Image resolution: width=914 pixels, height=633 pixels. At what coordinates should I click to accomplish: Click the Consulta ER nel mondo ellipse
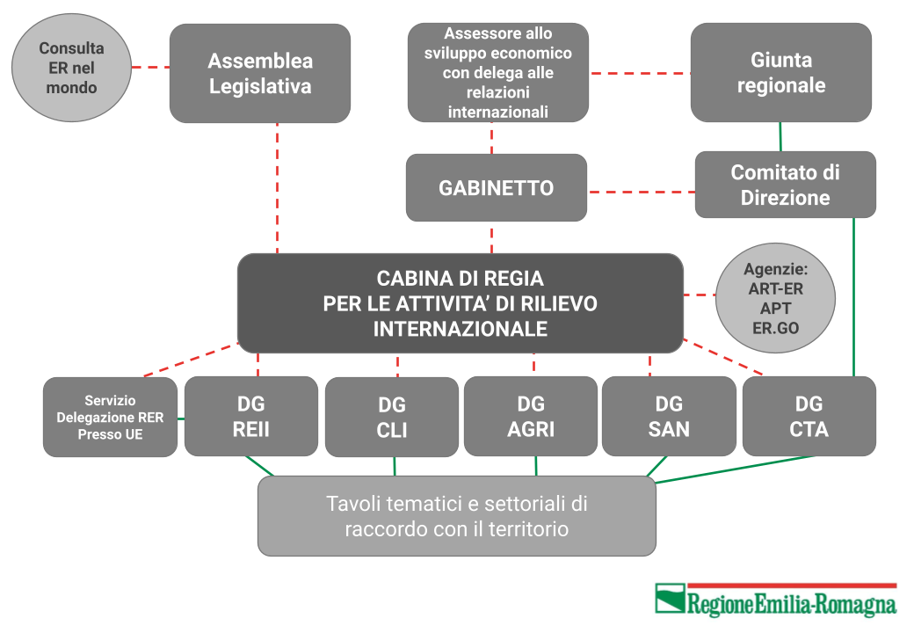point(72,68)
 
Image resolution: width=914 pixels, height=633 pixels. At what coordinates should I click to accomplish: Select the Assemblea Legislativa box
point(260,74)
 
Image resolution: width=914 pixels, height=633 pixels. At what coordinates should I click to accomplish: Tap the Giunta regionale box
point(781,73)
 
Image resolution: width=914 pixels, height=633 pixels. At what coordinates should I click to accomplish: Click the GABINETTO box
point(496,187)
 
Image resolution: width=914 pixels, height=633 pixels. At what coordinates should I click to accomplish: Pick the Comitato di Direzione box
point(785,185)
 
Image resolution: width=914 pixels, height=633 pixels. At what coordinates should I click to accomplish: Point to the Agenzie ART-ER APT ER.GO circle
point(775,298)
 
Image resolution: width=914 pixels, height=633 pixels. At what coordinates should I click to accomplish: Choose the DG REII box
point(251,416)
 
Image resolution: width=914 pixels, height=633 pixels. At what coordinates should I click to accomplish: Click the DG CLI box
point(392,418)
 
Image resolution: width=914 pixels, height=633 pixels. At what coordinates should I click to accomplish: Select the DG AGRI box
point(531,416)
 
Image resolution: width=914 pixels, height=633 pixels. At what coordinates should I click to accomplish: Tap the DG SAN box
point(669,416)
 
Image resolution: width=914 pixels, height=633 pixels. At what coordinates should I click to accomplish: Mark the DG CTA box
point(809,416)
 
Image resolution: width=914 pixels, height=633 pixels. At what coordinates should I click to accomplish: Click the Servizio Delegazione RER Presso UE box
point(110,418)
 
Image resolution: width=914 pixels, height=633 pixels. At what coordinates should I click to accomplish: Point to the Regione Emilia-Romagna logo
point(776,600)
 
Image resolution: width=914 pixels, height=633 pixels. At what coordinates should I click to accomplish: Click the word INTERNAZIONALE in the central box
point(461,329)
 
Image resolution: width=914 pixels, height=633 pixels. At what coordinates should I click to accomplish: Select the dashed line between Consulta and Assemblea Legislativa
point(151,67)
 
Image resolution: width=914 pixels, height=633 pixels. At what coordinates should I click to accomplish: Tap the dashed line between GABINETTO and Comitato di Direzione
point(642,191)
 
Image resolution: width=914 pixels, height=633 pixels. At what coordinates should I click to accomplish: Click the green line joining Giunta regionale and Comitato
point(780,137)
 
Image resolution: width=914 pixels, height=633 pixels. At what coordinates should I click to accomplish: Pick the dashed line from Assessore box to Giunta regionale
point(640,74)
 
